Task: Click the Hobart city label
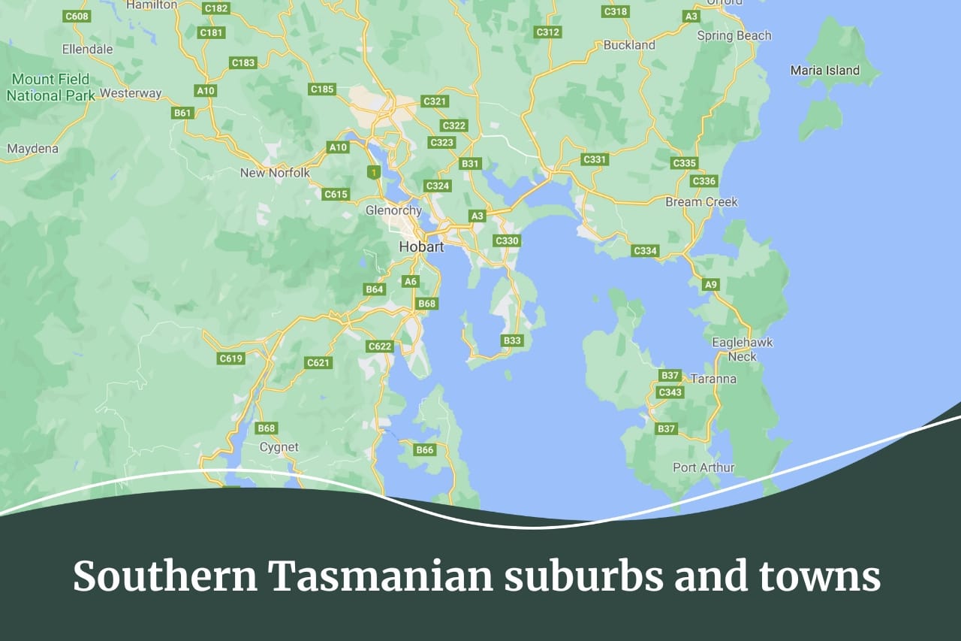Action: click(x=421, y=246)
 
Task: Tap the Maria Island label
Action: click(x=824, y=70)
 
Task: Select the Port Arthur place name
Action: click(x=703, y=467)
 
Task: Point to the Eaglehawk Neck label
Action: click(x=742, y=349)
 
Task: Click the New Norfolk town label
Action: click(x=275, y=173)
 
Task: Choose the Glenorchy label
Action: click(x=393, y=210)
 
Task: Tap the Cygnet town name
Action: click(x=279, y=447)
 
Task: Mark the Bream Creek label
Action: click(x=701, y=201)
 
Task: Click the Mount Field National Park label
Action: click(x=51, y=87)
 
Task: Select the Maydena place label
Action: click(x=32, y=149)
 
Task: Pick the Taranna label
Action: click(x=713, y=379)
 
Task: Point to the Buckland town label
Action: click(x=629, y=45)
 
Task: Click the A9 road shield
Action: click(x=711, y=284)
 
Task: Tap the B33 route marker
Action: click(x=512, y=340)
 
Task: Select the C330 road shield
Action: click(x=508, y=240)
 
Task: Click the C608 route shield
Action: click(x=77, y=16)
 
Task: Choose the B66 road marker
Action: click(x=425, y=449)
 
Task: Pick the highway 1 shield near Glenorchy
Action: click(x=373, y=172)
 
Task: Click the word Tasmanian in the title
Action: click(x=380, y=577)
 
